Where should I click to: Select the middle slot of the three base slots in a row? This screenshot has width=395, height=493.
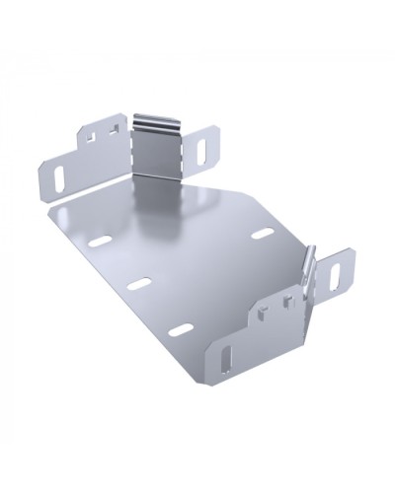139,282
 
